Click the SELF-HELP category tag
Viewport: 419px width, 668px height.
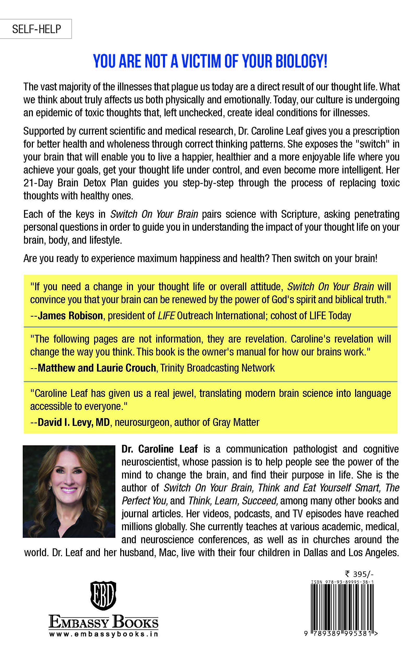coord(36,29)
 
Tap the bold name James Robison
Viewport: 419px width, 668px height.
coord(70,315)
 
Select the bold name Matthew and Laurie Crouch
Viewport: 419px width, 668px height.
coord(97,368)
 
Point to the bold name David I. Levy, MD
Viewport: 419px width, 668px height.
coord(74,422)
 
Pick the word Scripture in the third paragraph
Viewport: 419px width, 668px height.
coord(300,214)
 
